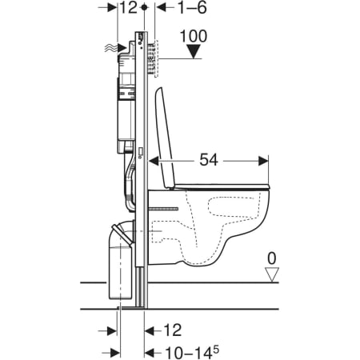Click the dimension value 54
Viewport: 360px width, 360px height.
click(x=209, y=160)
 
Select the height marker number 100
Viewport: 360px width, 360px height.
click(x=194, y=36)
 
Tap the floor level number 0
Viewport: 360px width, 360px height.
click(x=272, y=258)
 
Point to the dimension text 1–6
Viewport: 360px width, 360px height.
click(x=192, y=7)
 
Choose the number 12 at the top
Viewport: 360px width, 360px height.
click(x=129, y=7)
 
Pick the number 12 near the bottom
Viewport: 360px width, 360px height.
click(x=173, y=330)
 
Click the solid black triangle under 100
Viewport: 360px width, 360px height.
click(x=194, y=51)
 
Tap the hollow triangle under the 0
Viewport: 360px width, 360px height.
click(x=272, y=274)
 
